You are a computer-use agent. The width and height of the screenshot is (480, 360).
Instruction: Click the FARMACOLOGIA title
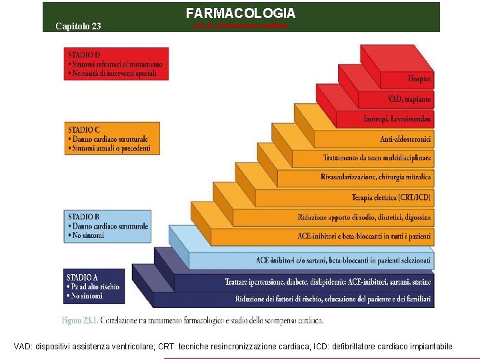pyautogui.click(x=240, y=13)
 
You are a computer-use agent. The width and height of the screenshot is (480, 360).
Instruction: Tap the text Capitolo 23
pyautogui.click(x=78, y=27)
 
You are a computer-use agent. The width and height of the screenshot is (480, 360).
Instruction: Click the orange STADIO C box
pyautogui.click(x=113, y=138)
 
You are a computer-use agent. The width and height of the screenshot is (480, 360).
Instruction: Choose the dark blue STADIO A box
pyautogui.click(x=95, y=286)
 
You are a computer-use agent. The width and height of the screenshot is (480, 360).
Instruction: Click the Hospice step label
pyautogui.click(x=419, y=79)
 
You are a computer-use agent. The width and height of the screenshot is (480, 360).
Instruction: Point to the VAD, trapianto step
pyautogui.click(x=409, y=99)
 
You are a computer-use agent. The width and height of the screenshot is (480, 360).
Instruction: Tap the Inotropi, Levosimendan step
pyautogui.click(x=397, y=119)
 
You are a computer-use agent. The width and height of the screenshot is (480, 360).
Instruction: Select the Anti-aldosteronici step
pyautogui.click(x=405, y=139)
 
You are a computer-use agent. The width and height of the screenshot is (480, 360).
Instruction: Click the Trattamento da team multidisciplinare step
pyautogui.click(x=377, y=159)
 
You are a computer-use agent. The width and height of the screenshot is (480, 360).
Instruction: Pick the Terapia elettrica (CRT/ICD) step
pyautogui.click(x=391, y=197)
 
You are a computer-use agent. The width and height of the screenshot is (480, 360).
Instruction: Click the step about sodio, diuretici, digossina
pyautogui.click(x=364, y=217)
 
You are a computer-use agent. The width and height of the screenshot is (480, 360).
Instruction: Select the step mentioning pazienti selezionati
pyautogui.click(x=343, y=259)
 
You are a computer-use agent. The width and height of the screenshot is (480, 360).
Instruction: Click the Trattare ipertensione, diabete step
pyautogui.click(x=328, y=282)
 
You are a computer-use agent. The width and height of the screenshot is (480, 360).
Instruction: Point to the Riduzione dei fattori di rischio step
pyautogui.click(x=333, y=298)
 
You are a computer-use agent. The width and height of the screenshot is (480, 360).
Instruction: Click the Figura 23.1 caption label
pyautogui.click(x=80, y=321)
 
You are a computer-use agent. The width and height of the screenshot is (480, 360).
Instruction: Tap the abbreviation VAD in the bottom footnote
pyautogui.click(x=23, y=347)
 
